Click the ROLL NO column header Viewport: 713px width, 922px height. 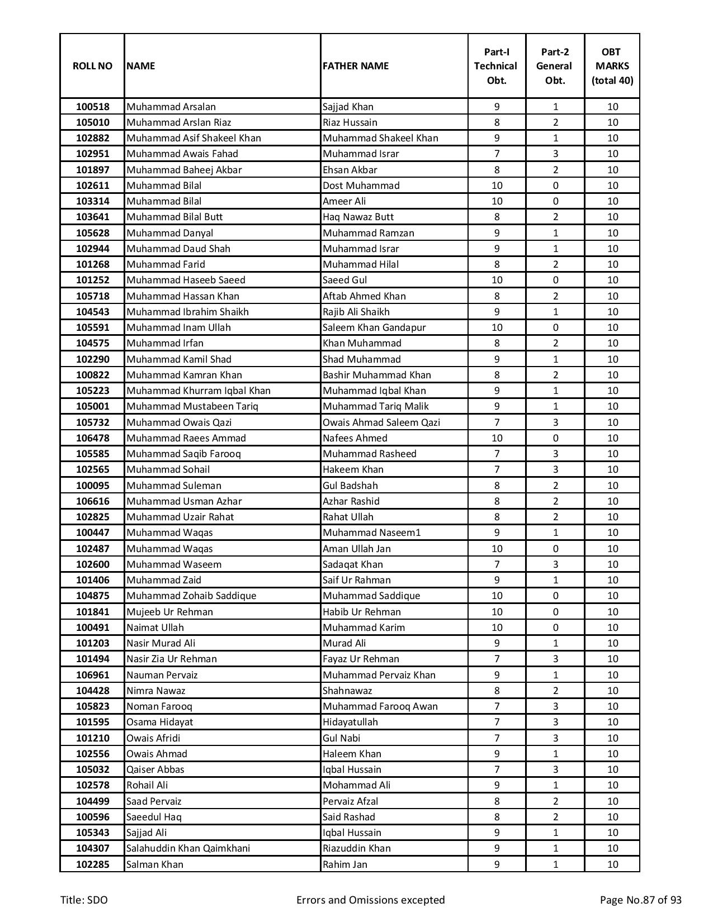pyautogui.click(x=92, y=66)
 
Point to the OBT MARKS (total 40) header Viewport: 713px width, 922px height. pyautogui.click(x=612, y=66)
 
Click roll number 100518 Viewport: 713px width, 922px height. pyautogui.click(x=92, y=107)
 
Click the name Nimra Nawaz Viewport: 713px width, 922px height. pyautogui.click(x=155, y=691)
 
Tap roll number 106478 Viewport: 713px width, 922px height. pyautogui.click(x=92, y=438)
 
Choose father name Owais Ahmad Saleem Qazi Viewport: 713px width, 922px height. pyautogui.click(x=381, y=422)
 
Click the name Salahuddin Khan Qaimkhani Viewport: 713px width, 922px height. pyautogui.click(x=188, y=848)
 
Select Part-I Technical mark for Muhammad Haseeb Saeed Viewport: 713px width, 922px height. pyautogui.click(x=497, y=280)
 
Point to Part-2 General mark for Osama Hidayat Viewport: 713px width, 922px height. pyautogui.click(x=555, y=722)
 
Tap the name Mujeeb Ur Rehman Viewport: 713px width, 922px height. pyautogui.click(x=169, y=612)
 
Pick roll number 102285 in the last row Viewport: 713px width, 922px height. pyautogui.click(x=92, y=864)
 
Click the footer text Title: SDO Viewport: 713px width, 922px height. pyautogui.click(x=84, y=900)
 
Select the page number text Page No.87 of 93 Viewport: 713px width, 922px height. pyautogui.click(x=640, y=900)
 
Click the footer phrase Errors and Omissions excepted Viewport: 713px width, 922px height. pyautogui.click(x=370, y=900)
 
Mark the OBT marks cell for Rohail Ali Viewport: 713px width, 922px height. pyautogui.click(x=612, y=785)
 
